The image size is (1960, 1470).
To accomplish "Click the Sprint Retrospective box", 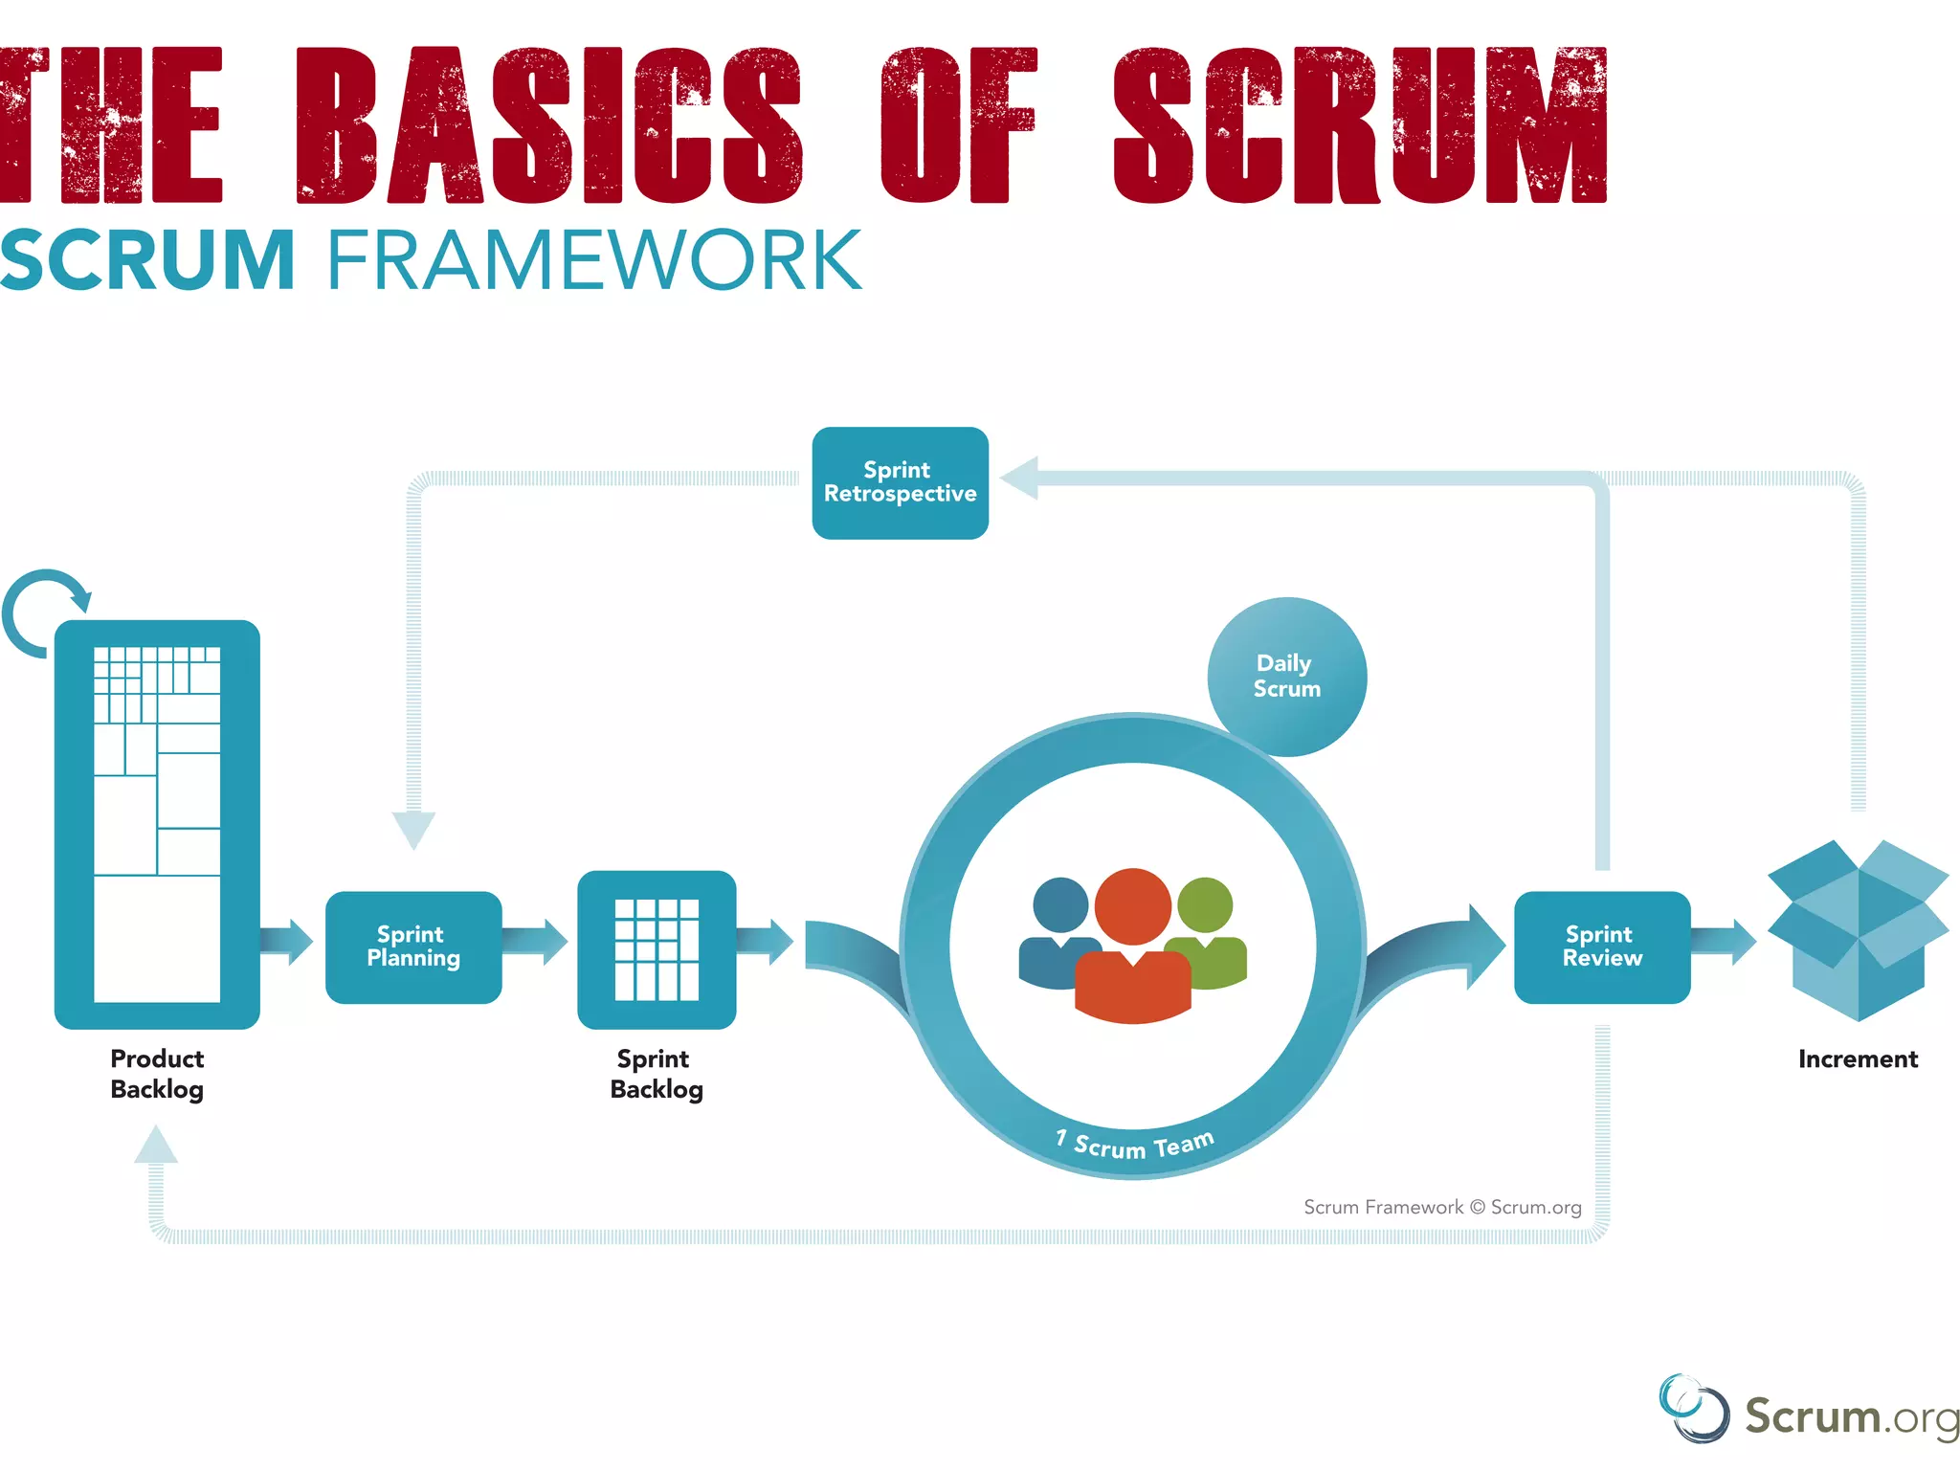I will pos(900,482).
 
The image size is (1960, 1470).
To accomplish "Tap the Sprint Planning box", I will pos(413,947).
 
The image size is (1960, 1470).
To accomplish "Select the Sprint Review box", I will pos(1601,947).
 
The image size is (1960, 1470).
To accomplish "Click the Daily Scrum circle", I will pos(1286,677).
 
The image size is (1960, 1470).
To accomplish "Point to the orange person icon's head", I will pos(1132,905).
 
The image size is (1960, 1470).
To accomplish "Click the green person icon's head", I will pos(1205,904).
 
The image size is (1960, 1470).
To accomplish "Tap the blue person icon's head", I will pos(1060,904).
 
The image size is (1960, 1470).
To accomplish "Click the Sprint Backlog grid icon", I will pos(657,948).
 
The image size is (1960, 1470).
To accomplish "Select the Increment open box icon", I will pos(1857,928).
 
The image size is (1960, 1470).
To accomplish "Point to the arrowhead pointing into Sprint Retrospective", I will pos(1020,478).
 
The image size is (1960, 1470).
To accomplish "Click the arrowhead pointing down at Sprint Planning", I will pos(413,829).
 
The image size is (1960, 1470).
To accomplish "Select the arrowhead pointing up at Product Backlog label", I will pos(156,1145).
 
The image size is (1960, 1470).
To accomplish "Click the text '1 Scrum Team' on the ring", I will pos(1135,1143).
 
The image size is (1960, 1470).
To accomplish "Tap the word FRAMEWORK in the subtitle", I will pos(593,260).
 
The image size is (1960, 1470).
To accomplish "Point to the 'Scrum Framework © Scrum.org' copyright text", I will pos(1441,1207).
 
